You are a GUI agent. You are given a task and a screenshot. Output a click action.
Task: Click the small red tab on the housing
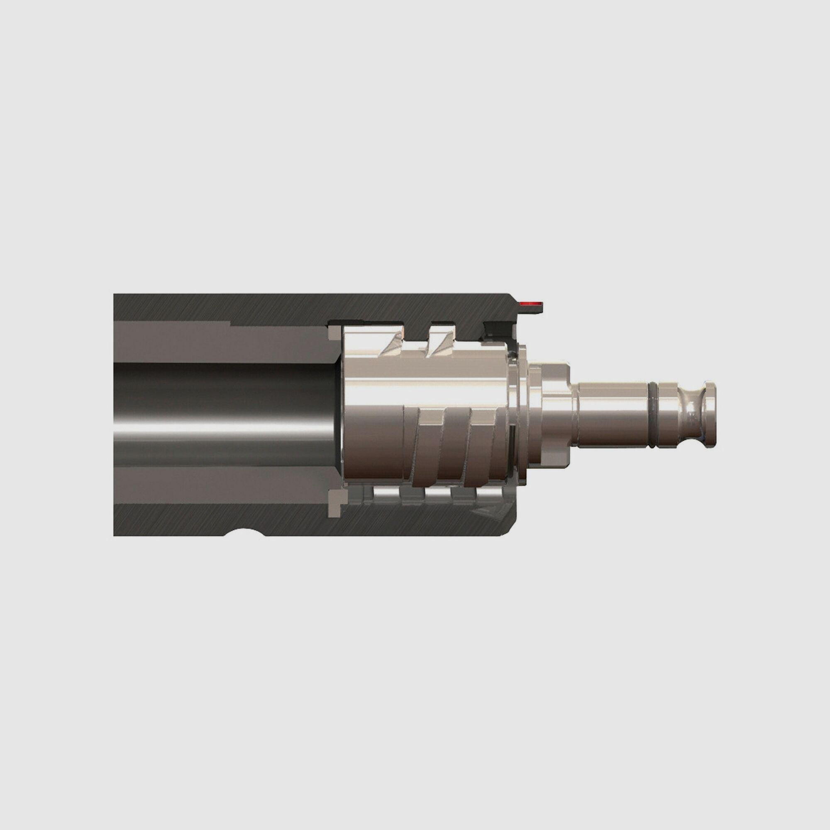[532, 304]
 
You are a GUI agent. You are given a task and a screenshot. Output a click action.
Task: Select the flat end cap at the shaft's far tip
[711, 415]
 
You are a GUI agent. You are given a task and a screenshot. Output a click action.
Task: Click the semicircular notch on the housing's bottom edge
[244, 532]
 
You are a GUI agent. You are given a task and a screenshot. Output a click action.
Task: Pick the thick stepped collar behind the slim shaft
[554, 415]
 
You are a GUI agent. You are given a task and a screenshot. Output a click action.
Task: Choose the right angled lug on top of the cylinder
[436, 346]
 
